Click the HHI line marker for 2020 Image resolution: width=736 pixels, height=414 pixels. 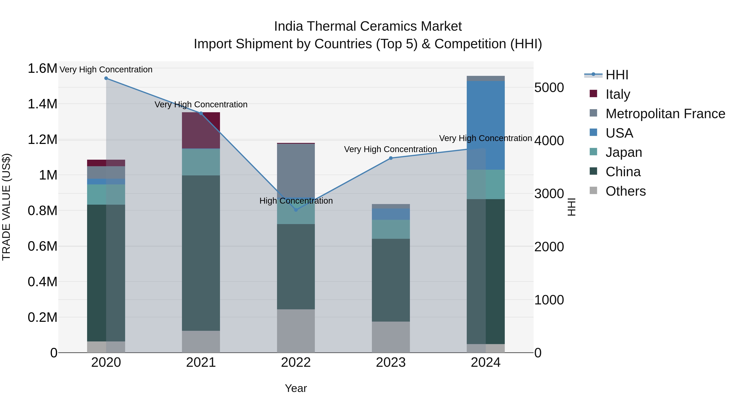106,78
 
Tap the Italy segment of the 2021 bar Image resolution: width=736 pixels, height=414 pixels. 201,130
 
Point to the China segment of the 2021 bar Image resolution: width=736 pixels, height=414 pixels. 201,253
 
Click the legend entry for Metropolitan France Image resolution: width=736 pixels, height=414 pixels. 665,114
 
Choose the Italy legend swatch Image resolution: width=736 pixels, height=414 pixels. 594,94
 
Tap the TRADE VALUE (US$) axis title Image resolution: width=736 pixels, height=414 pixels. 6,207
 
